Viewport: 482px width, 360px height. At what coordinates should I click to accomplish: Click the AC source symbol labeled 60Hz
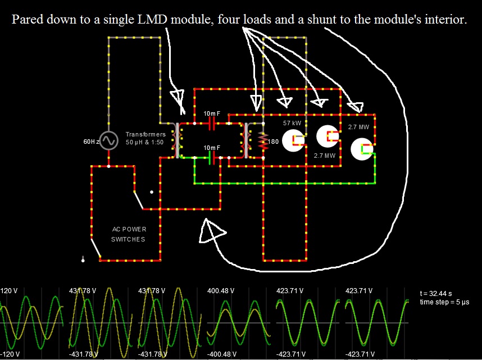[108, 140]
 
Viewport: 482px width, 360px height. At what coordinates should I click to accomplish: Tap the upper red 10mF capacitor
[212, 122]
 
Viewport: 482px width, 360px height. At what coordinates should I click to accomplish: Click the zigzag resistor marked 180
[261, 141]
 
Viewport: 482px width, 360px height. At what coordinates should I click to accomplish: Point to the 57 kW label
[292, 123]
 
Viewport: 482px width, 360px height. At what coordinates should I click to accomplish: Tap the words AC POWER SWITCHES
[128, 234]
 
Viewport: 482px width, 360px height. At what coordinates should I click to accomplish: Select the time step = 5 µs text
[444, 302]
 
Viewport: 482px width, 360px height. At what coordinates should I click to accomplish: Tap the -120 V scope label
[10, 354]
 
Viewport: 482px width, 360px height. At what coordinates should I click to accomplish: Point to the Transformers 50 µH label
[145, 138]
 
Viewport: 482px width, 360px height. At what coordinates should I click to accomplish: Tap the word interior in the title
[446, 20]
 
